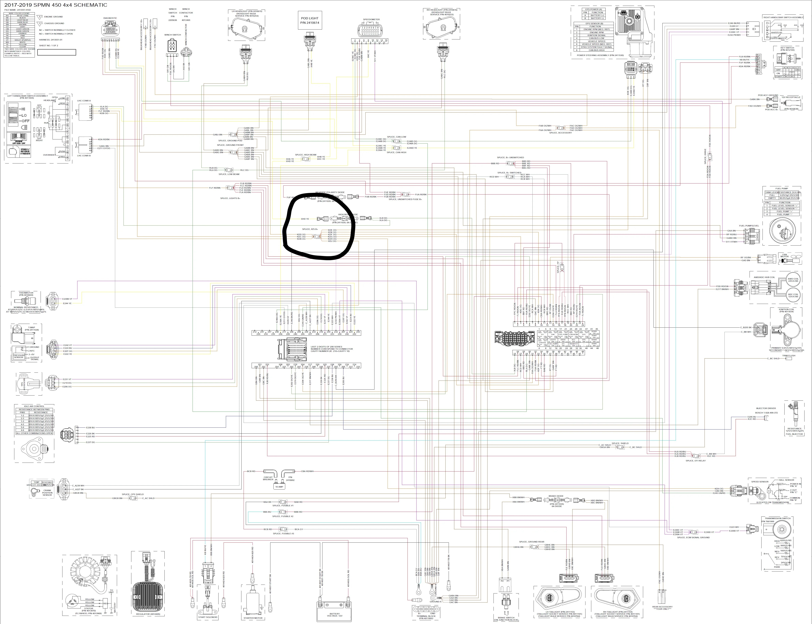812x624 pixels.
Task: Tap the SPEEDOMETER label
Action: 371,19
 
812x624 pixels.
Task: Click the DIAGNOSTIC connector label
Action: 110,18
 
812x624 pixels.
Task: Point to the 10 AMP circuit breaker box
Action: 279,487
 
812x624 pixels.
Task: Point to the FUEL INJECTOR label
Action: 794,434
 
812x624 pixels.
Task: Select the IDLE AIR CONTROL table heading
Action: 34,406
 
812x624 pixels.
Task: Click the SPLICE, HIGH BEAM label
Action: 306,155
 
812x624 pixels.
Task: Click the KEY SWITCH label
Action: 787,48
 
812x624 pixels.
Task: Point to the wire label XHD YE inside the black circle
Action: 305,219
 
